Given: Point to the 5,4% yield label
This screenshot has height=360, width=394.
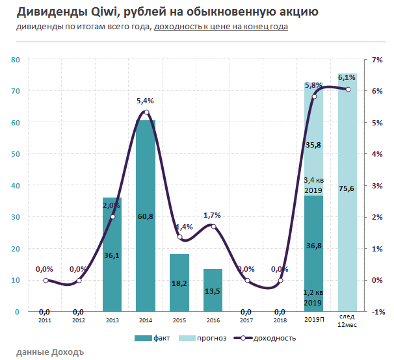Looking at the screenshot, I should point(145,101).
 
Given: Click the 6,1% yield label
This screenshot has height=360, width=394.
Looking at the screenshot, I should point(347,78).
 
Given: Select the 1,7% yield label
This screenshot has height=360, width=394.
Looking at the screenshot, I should point(212,215).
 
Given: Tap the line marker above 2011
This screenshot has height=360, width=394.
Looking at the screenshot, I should point(46,281).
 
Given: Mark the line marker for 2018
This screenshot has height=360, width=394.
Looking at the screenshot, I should point(280,281).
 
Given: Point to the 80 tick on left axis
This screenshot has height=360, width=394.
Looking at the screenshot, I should point(16,60).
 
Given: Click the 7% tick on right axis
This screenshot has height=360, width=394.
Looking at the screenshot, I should point(376,60).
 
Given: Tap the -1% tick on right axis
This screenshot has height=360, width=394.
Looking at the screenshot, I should point(376,312).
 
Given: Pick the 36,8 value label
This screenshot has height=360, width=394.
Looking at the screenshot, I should point(313,245).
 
